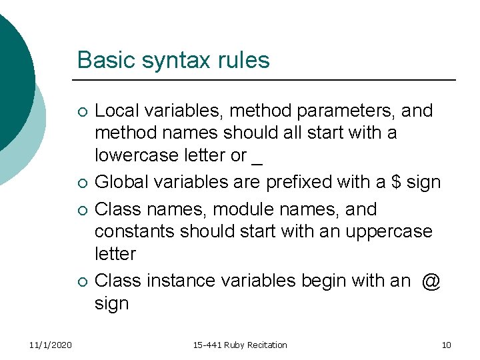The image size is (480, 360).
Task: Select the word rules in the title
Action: pyautogui.click(x=244, y=60)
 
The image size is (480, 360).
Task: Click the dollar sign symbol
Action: pyautogui.click(x=395, y=182)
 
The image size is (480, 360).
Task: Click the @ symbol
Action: pyautogui.click(x=431, y=281)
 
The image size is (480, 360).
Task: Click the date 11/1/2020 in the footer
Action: pyautogui.click(x=51, y=345)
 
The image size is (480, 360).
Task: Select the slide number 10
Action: pyautogui.click(x=446, y=345)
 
